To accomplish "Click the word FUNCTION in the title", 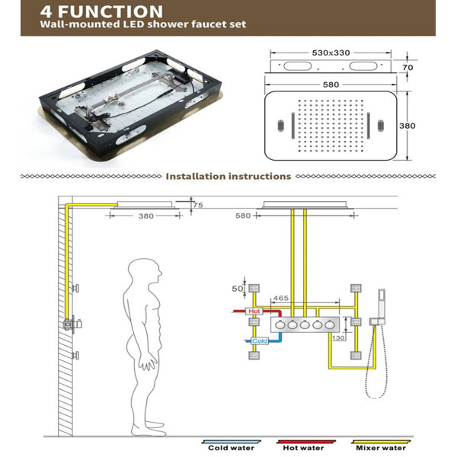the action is click(x=110, y=11).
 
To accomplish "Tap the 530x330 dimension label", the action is click(x=331, y=53).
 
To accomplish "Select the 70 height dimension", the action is click(x=407, y=68).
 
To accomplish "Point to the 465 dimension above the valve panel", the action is click(x=280, y=298).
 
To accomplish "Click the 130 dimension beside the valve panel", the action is click(x=338, y=337).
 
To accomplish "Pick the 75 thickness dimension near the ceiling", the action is click(x=197, y=205).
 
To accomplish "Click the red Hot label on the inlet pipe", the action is click(x=254, y=312).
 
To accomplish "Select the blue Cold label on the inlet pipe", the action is click(x=260, y=340).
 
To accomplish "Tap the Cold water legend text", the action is click(x=231, y=448).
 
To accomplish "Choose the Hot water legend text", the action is click(x=303, y=448).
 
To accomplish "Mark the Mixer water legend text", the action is click(x=381, y=448).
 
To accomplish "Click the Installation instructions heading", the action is click(x=228, y=177).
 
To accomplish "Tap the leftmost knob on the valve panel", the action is click(x=280, y=324).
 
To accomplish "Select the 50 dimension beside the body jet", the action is click(x=237, y=289).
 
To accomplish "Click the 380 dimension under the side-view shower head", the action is click(x=146, y=216).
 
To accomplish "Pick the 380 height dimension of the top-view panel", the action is click(x=407, y=126).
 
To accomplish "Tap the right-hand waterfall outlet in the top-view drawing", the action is click(x=369, y=126).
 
